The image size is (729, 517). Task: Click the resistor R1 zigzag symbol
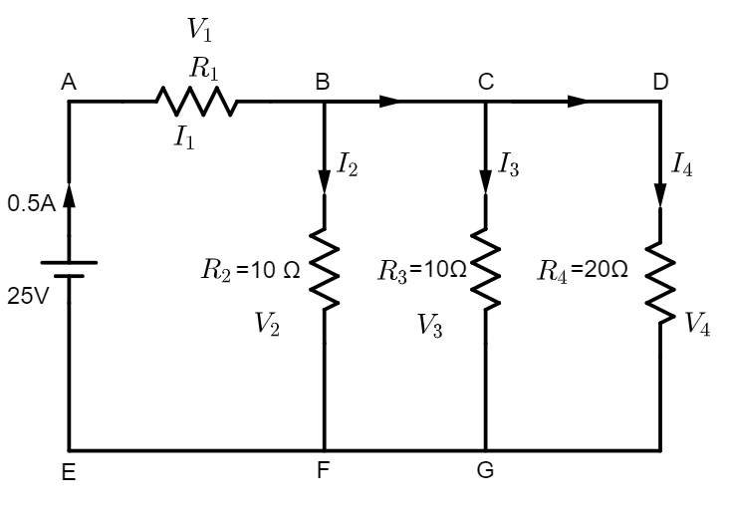pos(195,101)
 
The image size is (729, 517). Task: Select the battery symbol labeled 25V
pos(69,270)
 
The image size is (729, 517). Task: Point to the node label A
pos(69,84)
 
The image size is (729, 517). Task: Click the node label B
pos(323,83)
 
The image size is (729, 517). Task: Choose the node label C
pos(485,83)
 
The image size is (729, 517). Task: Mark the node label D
pos(660,83)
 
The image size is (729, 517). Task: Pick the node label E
pos(68,473)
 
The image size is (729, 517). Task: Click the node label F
pos(323,471)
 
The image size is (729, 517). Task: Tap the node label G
pos(485,471)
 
